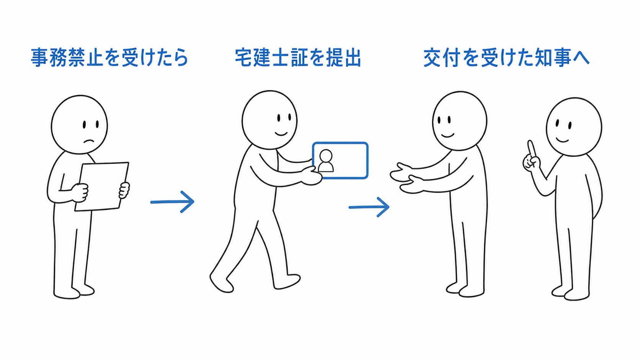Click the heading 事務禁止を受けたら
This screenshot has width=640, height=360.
tap(110, 58)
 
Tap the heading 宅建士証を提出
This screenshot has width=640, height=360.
tap(298, 58)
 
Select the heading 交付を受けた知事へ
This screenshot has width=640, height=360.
tap(506, 58)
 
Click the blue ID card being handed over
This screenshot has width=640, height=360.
tap(340, 160)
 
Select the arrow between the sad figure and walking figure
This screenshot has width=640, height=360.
tap(173, 202)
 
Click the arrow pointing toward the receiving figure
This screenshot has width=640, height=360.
tap(369, 207)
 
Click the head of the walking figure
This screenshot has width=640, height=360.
tap(269, 120)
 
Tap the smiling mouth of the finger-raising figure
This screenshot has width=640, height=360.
tap(563, 140)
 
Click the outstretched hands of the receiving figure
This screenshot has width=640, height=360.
tap(407, 178)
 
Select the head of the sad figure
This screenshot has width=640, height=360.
tap(80, 124)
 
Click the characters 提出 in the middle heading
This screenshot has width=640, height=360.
tap(343, 58)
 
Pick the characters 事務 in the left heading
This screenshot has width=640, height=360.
tap(49, 58)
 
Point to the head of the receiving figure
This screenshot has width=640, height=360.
tap(460, 121)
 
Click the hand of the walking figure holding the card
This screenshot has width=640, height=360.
tap(312, 176)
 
